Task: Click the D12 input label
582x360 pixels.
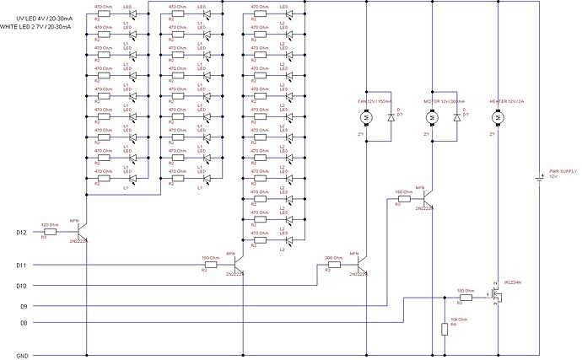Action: [x=23, y=231]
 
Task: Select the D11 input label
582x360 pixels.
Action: [x=23, y=266]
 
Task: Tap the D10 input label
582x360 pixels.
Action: [x=23, y=286]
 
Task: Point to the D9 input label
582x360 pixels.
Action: [x=23, y=305]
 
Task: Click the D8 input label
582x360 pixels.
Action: [x=23, y=322]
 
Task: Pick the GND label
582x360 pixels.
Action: [x=24, y=355]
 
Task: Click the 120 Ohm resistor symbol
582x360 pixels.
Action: [x=49, y=231]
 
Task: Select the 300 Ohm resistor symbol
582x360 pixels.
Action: [x=333, y=266]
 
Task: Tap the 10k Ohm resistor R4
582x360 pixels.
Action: [x=443, y=329]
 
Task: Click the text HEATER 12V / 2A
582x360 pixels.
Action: [x=507, y=101]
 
